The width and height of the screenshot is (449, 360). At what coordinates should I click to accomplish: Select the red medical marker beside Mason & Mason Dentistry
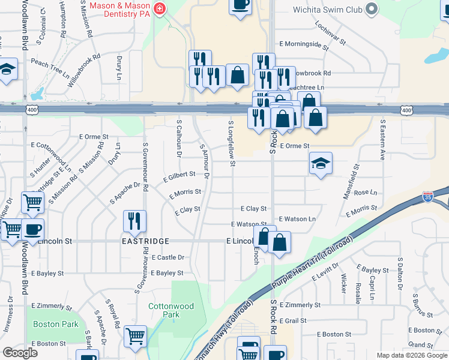[159, 8]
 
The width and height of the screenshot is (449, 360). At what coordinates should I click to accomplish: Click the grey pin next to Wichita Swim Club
[371, 9]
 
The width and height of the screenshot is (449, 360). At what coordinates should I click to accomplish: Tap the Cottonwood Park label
[171, 310]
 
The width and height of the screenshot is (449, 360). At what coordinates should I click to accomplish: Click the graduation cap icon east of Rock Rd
[321, 163]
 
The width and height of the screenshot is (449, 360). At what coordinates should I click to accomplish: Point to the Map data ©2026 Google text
[411, 355]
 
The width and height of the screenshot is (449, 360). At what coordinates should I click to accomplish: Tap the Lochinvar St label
[330, 36]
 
